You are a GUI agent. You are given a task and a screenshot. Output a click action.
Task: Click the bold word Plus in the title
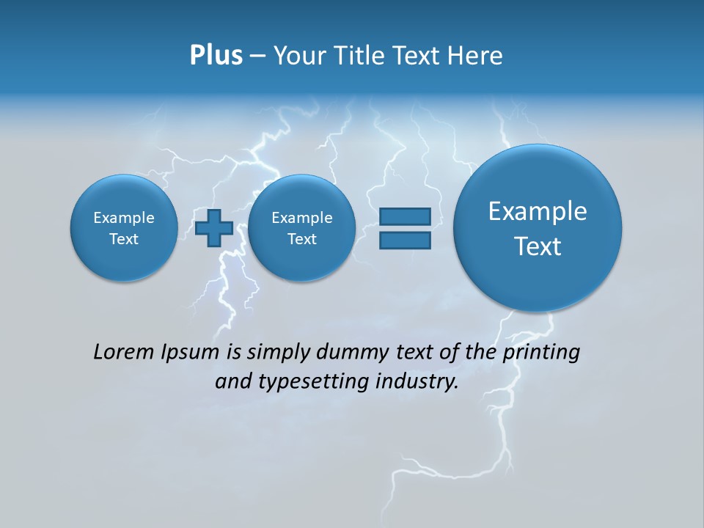point(216,56)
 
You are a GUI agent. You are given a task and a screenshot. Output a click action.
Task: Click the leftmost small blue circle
point(123,228)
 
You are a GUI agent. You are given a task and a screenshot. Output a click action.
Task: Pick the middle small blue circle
point(301,228)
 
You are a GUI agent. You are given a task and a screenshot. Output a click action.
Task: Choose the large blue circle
point(538,228)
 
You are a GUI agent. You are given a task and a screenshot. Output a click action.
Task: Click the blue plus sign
point(214,228)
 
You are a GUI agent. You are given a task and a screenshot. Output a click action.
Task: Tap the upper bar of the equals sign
point(404,216)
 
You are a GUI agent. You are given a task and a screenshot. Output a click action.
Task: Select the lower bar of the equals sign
point(404,241)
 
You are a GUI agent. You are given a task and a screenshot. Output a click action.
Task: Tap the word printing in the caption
point(541,353)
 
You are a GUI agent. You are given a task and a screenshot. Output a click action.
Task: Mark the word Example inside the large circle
point(538,211)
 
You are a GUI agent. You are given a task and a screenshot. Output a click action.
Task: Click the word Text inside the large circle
point(538,246)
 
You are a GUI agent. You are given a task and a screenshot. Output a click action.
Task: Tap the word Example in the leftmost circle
point(123,218)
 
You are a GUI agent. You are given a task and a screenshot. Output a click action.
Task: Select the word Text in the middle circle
point(301,239)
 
